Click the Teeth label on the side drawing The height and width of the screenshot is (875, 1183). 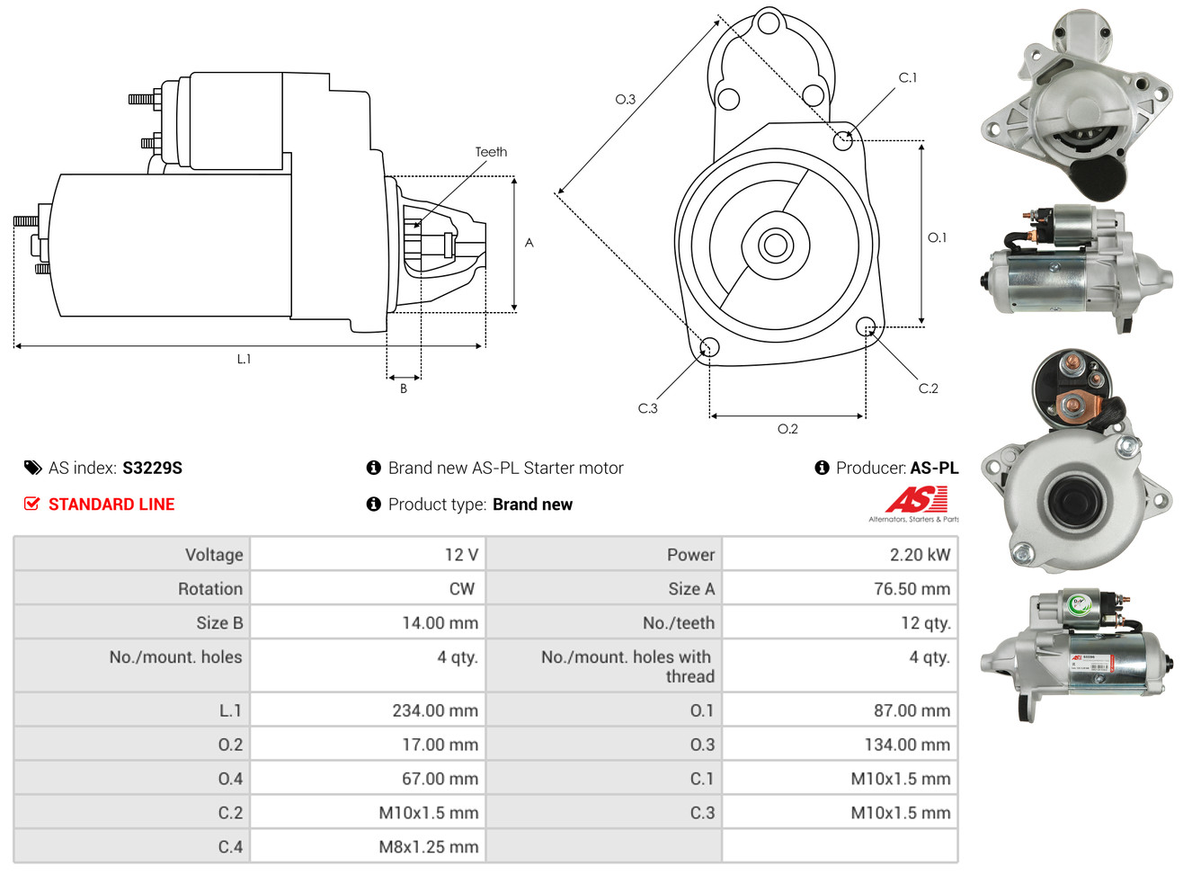click(491, 152)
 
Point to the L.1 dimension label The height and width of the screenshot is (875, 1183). click(244, 359)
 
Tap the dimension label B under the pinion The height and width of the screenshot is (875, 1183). click(404, 388)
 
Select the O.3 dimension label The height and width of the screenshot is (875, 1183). click(625, 99)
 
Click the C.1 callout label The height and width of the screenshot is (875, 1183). click(908, 77)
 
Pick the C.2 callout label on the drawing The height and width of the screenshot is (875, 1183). click(928, 388)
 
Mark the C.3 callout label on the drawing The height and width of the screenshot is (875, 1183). click(647, 408)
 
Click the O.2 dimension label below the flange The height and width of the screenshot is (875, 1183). click(787, 429)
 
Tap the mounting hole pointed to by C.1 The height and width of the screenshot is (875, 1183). click(843, 140)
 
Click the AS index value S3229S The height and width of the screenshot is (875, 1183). click(152, 468)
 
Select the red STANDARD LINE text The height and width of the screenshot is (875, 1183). click(111, 504)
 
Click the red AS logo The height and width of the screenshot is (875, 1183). click(916, 499)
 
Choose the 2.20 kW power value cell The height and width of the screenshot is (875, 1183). click(920, 555)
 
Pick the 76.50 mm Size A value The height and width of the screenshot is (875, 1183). click(912, 589)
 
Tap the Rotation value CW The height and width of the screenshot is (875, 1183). click(461, 589)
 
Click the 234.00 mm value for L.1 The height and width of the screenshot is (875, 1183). click(435, 710)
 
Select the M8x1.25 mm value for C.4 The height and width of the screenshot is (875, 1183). click(429, 847)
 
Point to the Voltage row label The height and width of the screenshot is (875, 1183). click(214, 555)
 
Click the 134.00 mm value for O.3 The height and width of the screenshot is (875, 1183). click(907, 745)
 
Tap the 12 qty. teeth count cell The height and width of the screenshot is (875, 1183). click(926, 623)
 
